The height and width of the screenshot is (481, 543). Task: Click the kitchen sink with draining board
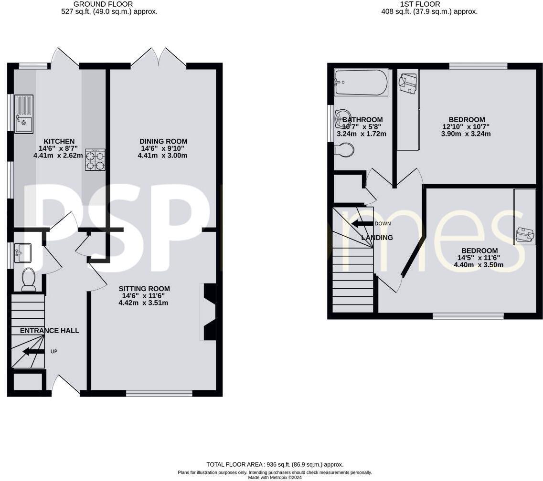(x=24, y=114)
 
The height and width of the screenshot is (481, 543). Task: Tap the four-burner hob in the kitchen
(x=95, y=159)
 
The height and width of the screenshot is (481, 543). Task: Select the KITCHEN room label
(x=59, y=141)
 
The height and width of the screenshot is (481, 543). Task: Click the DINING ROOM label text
(x=163, y=141)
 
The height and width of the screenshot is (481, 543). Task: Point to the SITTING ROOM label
(x=144, y=289)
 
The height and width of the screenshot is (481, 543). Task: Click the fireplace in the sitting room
(x=209, y=312)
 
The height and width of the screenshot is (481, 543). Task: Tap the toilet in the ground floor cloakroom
(x=29, y=280)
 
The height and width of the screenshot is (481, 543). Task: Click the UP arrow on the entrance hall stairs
(x=33, y=352)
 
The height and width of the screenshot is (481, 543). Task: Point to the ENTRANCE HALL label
(x=50, y=331)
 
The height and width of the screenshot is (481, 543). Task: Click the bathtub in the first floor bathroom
(x=361, y=83)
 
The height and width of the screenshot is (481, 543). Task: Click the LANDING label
(x=377, y=238)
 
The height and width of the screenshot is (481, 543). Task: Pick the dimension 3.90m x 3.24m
(x=467, y=134)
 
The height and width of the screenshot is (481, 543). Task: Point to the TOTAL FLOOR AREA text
(x=275, y=464)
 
